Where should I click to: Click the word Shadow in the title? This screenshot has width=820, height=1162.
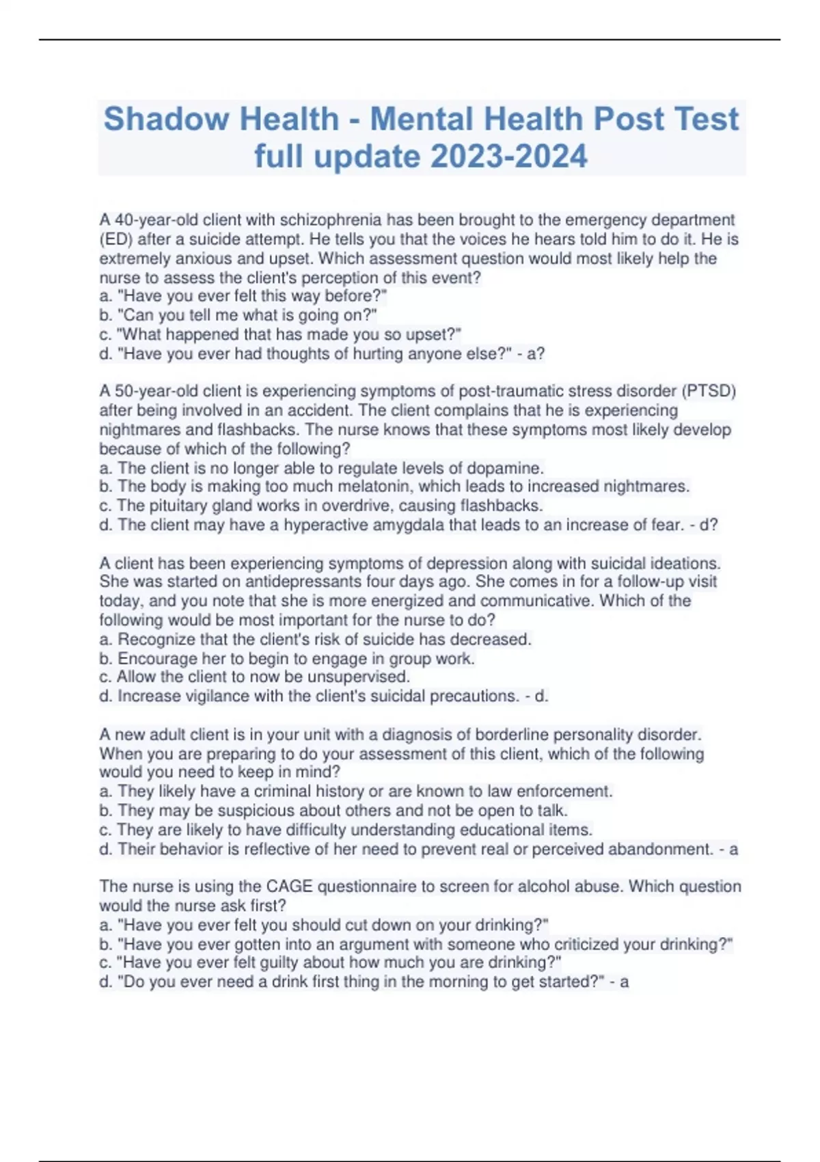162,119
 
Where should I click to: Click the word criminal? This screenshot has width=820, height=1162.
282,792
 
